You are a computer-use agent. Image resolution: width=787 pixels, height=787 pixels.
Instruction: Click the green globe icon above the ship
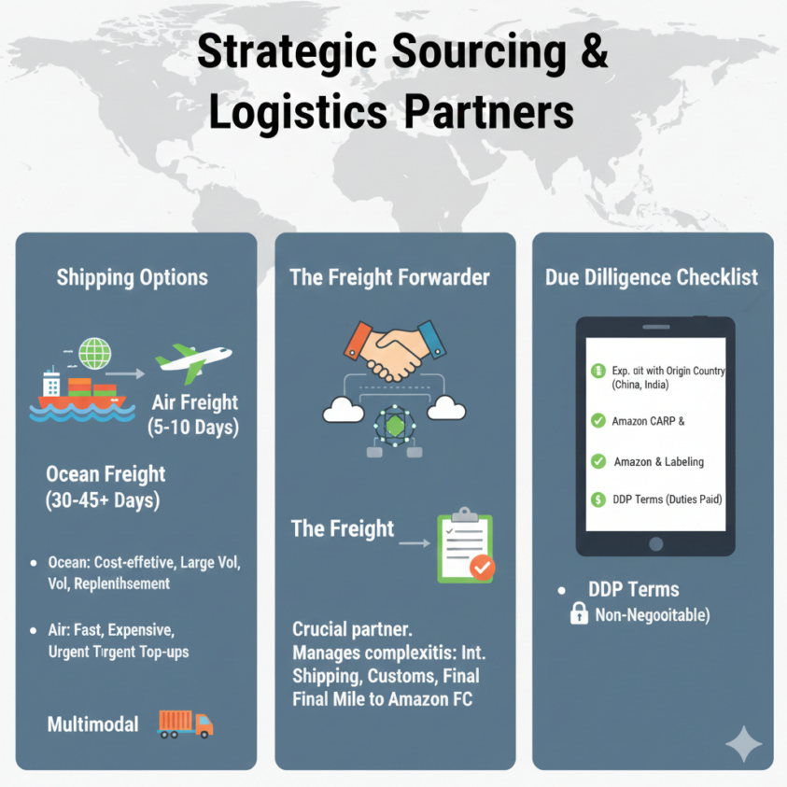(x=95, y=353)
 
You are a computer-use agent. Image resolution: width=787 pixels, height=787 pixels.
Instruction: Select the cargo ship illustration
(x=82, y=395)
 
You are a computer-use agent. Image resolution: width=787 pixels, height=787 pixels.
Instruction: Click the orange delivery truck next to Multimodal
(x=185, y=724)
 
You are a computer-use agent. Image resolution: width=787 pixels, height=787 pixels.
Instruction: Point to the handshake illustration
(x=395, y=350)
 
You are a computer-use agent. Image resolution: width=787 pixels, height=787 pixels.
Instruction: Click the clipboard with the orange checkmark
(x=466, y=545)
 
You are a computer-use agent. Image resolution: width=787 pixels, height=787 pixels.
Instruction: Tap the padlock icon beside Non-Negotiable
(x=579, y=612)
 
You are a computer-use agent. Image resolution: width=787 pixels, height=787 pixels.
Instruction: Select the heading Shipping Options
(x=132, y=277)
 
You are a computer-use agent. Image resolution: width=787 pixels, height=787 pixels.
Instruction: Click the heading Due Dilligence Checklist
(x=652, y=277)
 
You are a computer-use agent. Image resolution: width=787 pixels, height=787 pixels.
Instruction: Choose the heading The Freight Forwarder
(x=389, y=277)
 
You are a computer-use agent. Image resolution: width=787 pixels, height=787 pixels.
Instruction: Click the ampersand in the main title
(x=595, y=51)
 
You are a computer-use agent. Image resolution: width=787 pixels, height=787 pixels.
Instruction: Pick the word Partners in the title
(x=489, y=112)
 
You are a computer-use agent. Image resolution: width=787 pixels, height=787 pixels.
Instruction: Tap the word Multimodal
(x=92, y=724)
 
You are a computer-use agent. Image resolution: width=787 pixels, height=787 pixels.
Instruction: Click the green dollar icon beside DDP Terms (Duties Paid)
(x=597, y=499)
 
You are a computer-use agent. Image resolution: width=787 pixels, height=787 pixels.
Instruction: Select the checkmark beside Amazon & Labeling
(x=597, y=461)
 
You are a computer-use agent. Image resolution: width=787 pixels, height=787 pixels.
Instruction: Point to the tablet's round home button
(x=655, y=544)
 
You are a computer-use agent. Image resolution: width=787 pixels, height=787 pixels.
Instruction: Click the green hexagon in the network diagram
(x=395, y=426)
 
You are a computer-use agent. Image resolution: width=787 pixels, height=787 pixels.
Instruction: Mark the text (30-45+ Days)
(x=103, y=500)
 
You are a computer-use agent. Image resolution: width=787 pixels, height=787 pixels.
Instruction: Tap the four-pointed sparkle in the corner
(x=744, y=743)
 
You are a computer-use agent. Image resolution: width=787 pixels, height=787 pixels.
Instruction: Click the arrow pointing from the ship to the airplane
(x=125, y=373)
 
